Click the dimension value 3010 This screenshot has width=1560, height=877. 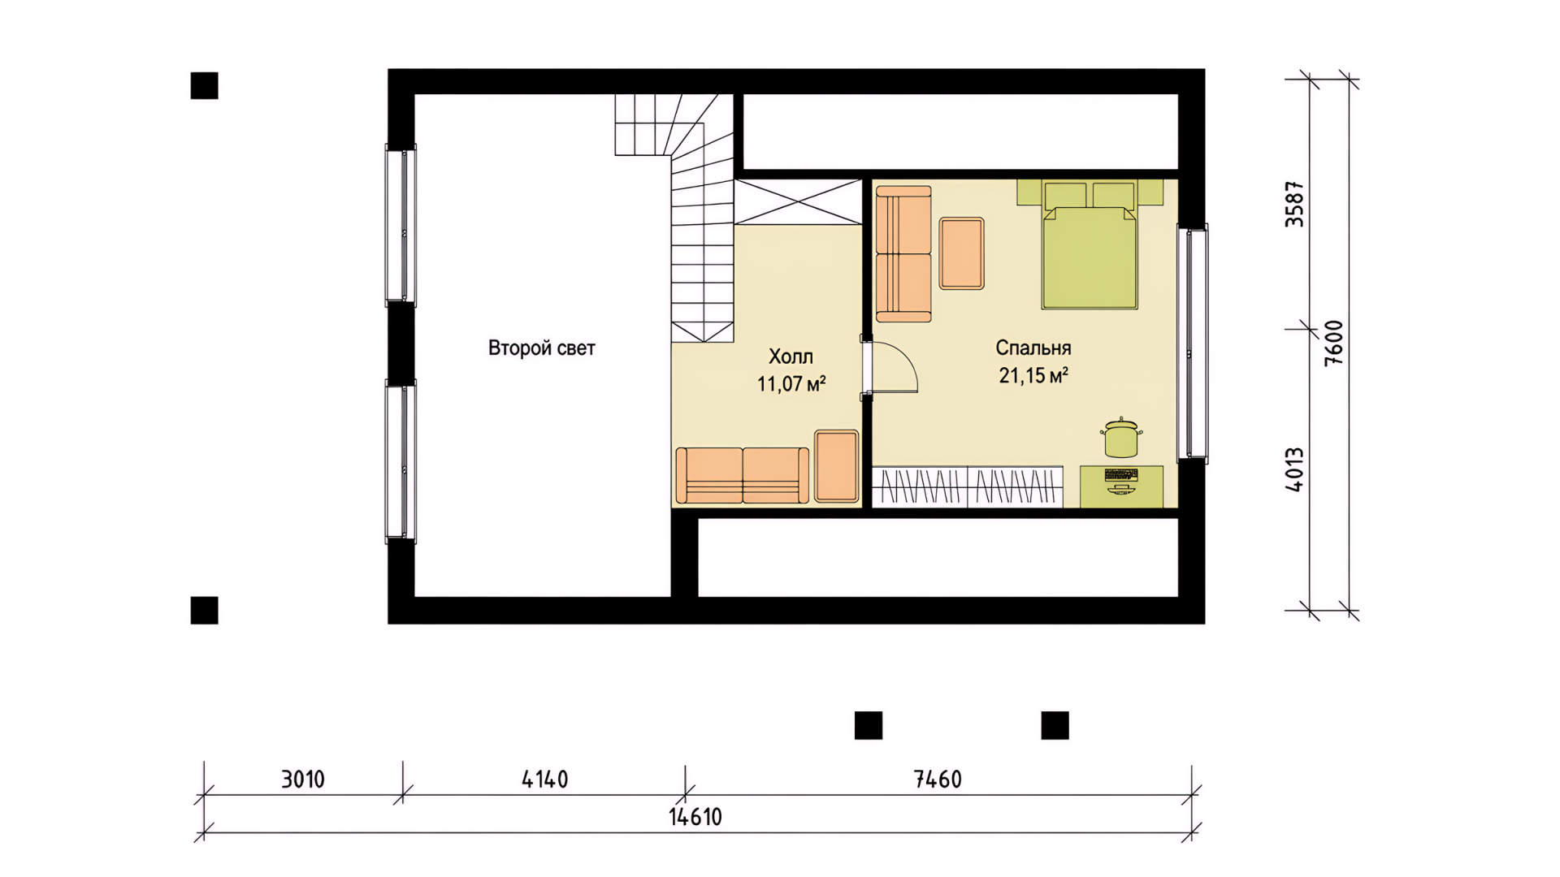click(303, 780)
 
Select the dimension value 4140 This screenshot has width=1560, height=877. click(544, 780)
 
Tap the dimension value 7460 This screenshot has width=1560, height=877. click(938, 780)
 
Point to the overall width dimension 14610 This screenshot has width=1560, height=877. click(695, 817)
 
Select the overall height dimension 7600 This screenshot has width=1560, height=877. click(1334, 343)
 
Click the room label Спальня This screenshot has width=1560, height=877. click(1033, 348)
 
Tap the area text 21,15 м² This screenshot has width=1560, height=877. click(1033, 375)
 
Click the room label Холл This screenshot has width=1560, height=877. click(791, 356)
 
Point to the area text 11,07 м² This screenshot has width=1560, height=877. click(791, 383)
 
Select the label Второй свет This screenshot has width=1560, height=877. click(542, 348)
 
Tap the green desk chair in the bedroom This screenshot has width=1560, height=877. click(1121, 438)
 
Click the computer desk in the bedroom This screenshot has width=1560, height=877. click(1121, 486)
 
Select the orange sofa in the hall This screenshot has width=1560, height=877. click(743, 475)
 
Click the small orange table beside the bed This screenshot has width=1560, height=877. click(962, 253)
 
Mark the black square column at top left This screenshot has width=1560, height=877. click(204, 85)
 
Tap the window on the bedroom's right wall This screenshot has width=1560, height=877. click(1193, 343)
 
